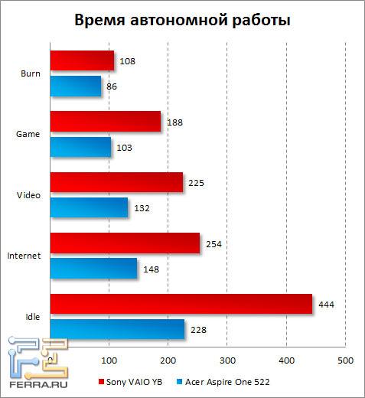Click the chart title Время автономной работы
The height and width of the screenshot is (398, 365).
(182, 20)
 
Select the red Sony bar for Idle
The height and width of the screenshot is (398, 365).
(181, 304)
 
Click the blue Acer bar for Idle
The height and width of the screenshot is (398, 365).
(117, 329)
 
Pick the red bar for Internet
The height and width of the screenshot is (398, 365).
(125, 243)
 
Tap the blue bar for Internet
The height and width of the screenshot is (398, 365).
(93, 268)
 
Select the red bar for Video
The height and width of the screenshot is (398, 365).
(116, 182)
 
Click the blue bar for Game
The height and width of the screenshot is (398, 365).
(80, 146)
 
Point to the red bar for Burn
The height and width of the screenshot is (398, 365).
(82, 60)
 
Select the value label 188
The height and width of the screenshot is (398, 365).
(175, 122)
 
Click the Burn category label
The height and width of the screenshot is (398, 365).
(32, 73)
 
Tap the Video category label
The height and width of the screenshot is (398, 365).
(31, 195)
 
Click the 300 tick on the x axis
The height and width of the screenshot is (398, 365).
(226, 360)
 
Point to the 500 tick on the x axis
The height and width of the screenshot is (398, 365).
(344, 360)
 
